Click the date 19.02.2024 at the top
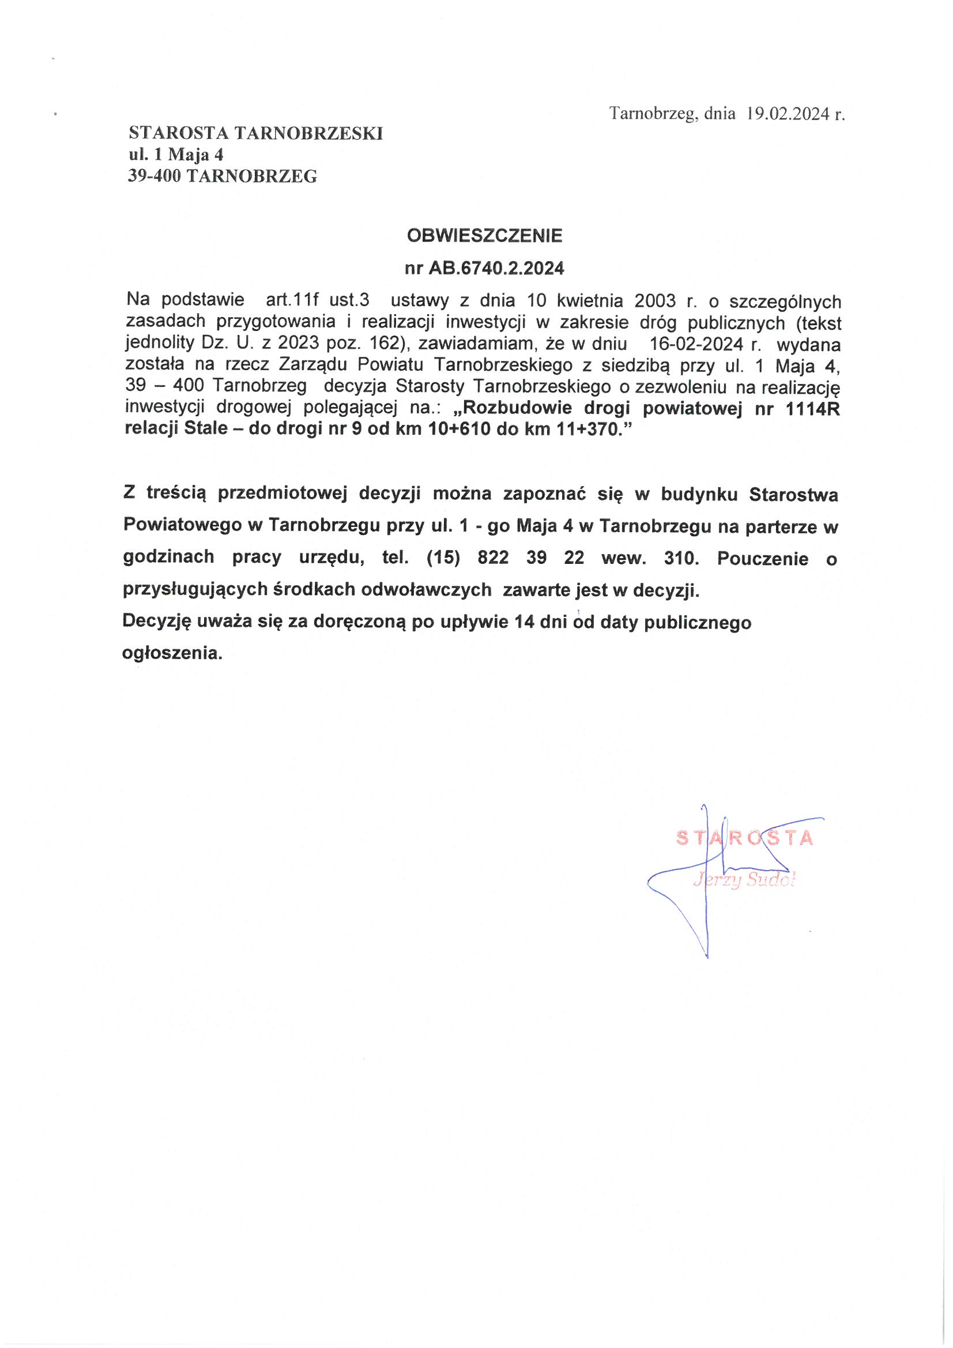788,114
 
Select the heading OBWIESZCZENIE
484,236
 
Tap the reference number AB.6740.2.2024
496,268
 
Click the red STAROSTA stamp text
744,838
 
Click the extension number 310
681,558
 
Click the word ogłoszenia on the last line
172,653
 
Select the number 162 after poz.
385,344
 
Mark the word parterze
782,526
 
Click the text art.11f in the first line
292,300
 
